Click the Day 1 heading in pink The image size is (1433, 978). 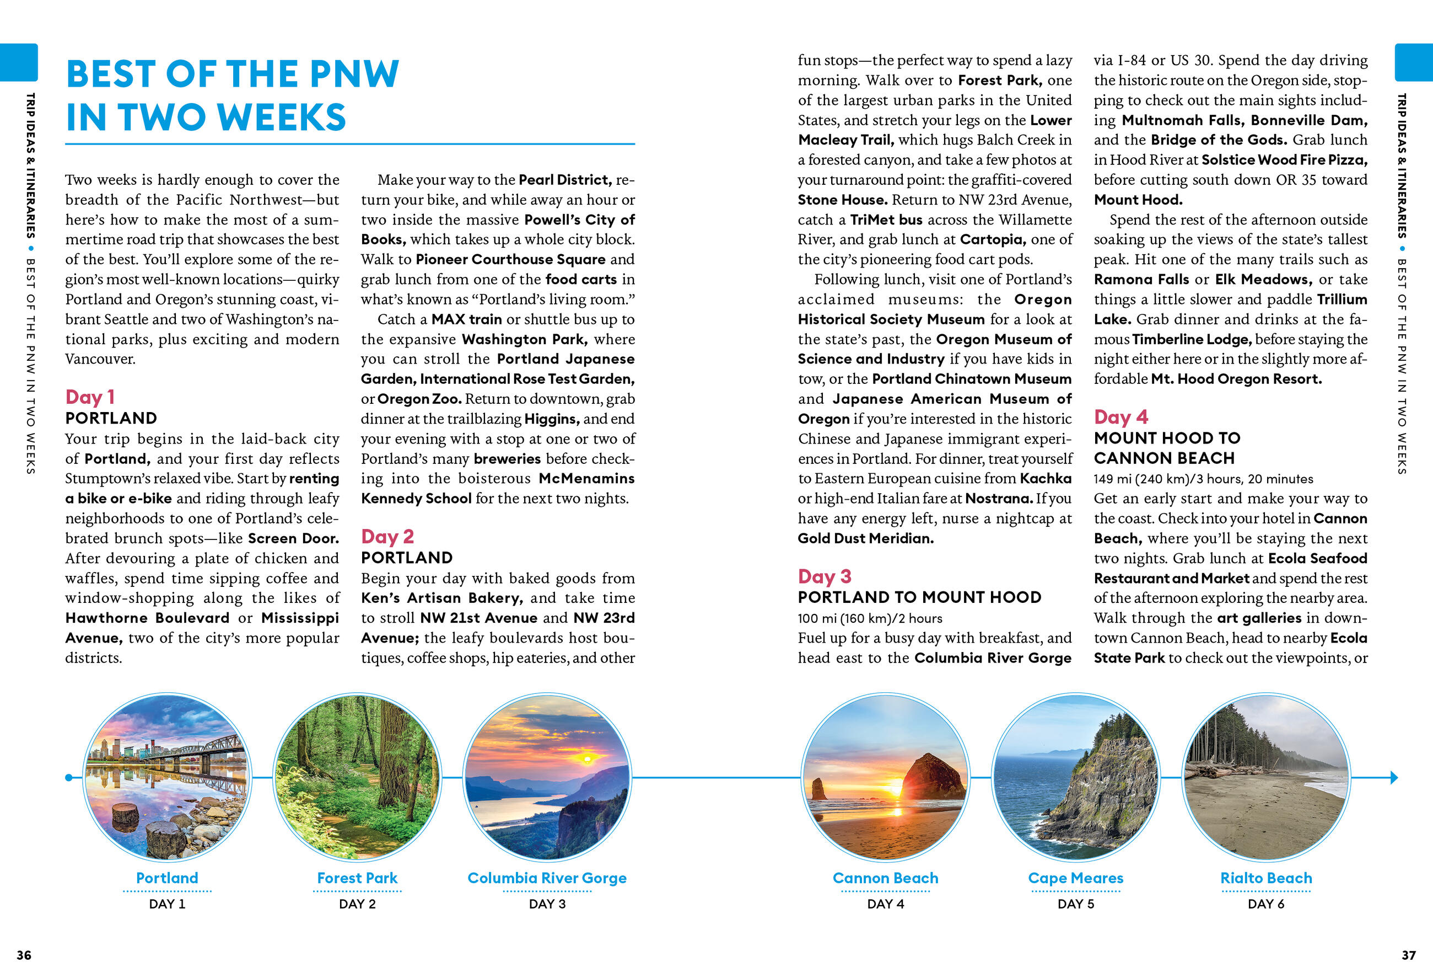point(90,397)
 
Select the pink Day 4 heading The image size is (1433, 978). point(1120,417)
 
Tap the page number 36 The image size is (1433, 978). point(24,955)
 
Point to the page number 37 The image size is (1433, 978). point(1408,955)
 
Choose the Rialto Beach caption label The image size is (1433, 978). point(1266,878)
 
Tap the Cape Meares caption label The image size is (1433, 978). point(1075,878)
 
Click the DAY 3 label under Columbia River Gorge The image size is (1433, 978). point(547,904)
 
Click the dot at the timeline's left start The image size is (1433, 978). point(68,777)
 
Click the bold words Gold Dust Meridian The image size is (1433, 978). point(865,538)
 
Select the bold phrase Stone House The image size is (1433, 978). point(842,200)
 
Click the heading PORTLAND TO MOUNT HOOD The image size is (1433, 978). point(919,597)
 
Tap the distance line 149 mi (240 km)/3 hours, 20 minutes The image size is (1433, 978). point(1203,479)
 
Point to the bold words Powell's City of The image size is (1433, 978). point(579,220)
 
